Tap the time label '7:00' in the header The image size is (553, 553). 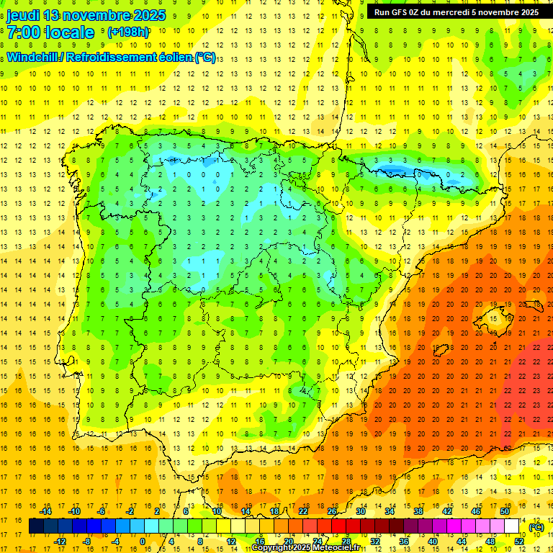point(23,32)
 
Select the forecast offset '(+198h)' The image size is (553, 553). point(128,32)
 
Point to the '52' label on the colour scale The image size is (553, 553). point(519,541)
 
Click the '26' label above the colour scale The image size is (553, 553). point(332,511)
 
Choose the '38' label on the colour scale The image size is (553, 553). point(418,511)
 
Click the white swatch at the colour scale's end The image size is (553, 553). point(512,526)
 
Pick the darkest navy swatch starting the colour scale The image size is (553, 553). point(36,526)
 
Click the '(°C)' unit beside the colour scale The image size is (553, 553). point(536,527)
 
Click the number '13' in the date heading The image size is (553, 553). point(52,15)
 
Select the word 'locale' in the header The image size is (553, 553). point(69,32)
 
